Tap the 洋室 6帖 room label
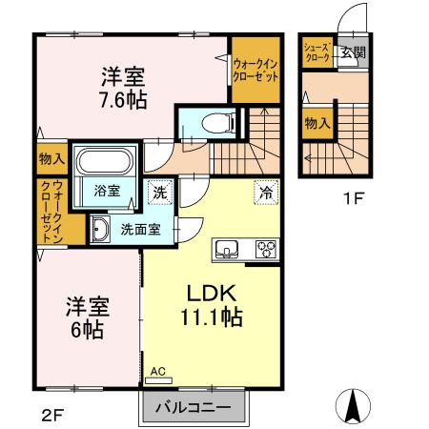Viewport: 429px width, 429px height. pyautogui.click(x=88, y=319)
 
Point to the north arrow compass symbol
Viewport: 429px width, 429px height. pyautogui.click(x=355, y=406)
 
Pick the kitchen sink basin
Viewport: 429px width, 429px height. pyautogui.click(x=229, y=250)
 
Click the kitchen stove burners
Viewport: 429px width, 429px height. pyautogui.click(x=264, y=251)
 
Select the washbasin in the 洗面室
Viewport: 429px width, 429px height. pyautogui.click(x=100, y=227)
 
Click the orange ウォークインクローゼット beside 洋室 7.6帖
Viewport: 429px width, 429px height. pyautogui.click(x=255, y=70)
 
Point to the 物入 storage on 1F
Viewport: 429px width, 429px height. pyautogui.click(x=317, y=123)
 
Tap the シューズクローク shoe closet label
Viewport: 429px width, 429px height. pyautogui.click(x=317, y=52)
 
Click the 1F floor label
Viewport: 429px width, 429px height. pyautogui.click(x=355, y=200)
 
